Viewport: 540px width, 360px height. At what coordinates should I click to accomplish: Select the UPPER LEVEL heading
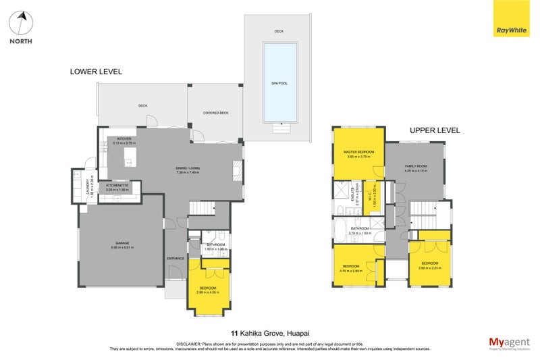coord(435,130)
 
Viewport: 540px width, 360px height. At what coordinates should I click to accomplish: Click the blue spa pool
coord(279,82)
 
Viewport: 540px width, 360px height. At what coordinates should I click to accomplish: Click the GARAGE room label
coord(122,243)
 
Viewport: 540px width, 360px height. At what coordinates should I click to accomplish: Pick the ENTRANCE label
coord(175,259)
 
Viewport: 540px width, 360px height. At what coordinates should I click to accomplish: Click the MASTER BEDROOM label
coord(358,152)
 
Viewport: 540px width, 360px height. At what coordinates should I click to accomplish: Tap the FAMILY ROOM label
coord(416,166)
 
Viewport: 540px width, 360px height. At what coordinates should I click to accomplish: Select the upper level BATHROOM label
coord(359,228)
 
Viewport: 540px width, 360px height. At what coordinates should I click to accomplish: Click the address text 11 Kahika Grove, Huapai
coord(269,333)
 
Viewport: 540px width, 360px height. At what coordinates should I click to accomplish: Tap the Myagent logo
coord(510,342)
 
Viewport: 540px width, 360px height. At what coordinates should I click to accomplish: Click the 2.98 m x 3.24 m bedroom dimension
coord(430,267)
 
